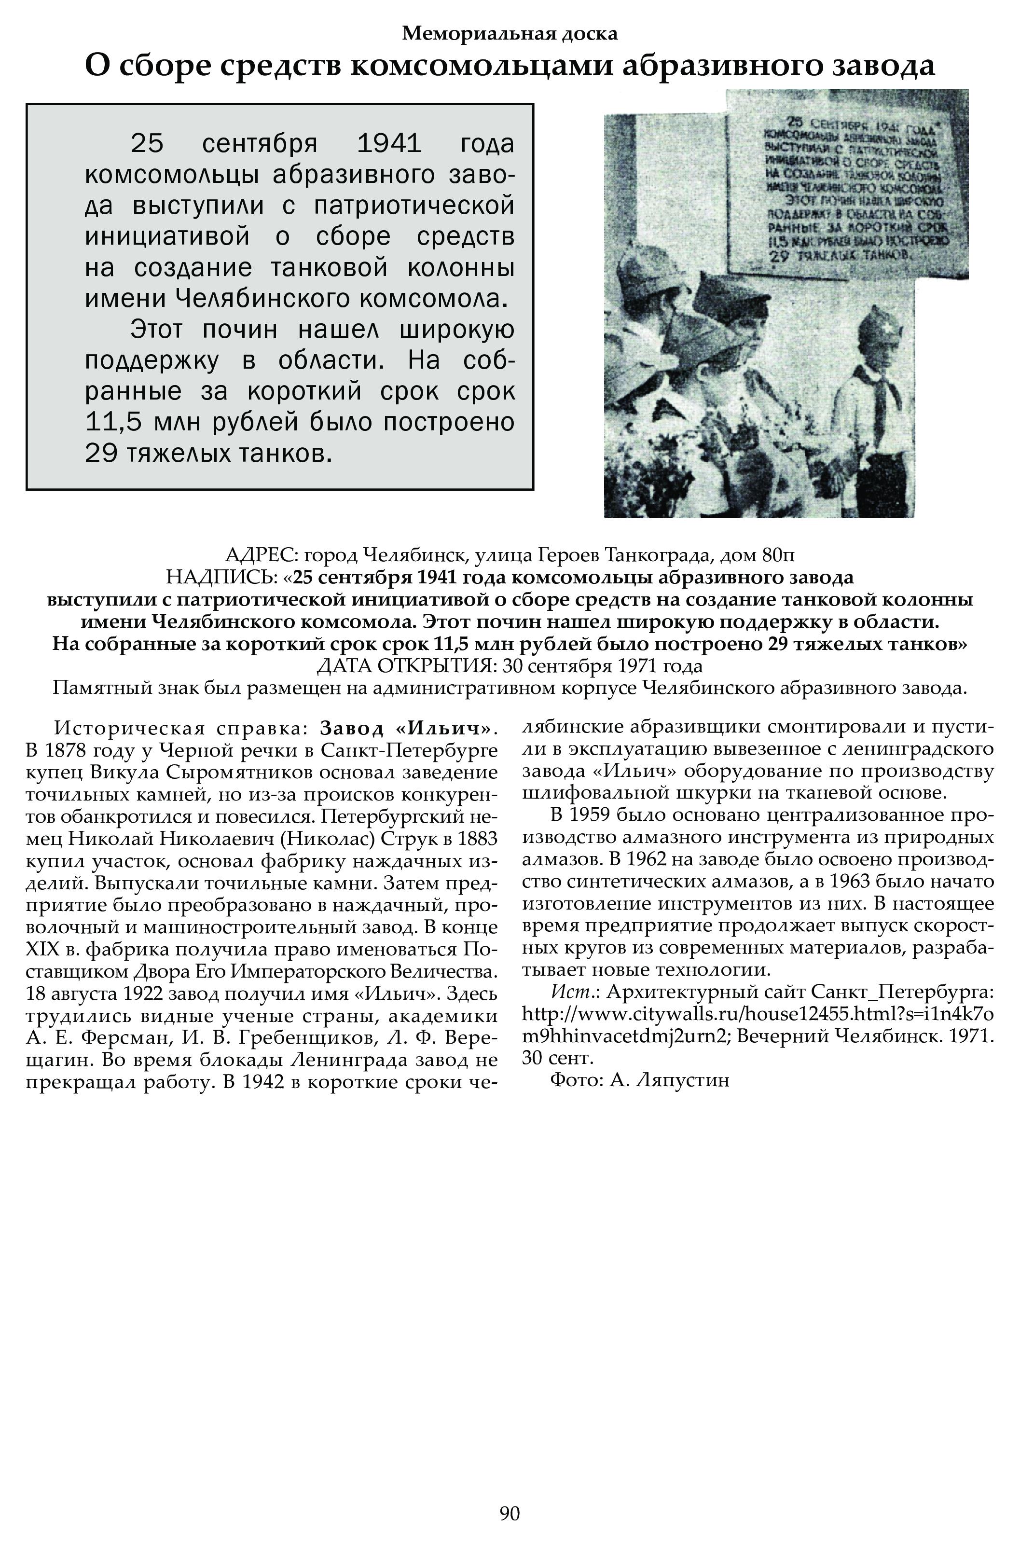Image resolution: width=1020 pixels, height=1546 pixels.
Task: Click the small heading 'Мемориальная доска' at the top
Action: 510,33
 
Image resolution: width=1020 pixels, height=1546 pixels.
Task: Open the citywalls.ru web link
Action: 758,1014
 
